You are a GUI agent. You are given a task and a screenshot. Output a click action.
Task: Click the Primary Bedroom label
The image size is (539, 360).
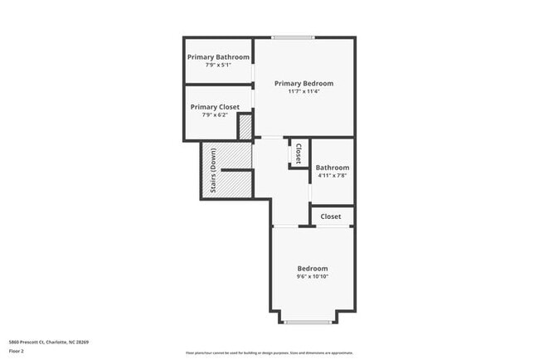point(303,83)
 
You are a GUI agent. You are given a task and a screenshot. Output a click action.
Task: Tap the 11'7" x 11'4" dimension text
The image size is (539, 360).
point(303,91)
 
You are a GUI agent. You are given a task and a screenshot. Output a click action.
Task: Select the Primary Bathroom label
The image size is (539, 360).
point(218,56)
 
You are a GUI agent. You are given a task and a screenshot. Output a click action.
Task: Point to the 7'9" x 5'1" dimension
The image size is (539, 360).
point(218,65)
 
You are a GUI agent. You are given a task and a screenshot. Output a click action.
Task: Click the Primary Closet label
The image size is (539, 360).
point(215,107)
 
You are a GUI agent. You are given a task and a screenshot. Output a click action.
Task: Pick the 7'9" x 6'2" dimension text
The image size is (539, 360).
point(215,115)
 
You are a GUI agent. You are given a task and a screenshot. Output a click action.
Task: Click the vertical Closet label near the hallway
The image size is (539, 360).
point(298,154)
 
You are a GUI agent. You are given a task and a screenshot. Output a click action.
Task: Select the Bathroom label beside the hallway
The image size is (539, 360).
point(332,168)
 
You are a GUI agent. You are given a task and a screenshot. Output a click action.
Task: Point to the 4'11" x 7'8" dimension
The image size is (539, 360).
point(332,176)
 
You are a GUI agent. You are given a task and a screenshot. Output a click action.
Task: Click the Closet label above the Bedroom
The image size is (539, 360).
point(331,216)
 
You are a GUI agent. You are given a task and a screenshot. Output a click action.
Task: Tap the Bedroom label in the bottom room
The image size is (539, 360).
point(313,268)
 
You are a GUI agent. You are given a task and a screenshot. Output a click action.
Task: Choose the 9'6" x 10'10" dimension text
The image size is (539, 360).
point(313,276)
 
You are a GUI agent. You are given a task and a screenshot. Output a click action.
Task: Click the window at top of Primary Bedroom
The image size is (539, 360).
point(293,37)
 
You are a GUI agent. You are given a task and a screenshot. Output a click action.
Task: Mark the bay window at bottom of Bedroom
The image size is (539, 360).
point(308,321)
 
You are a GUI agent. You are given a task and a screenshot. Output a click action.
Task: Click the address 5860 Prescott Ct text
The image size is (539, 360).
point(48,342)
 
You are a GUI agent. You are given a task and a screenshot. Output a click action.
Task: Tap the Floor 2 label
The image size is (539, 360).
point(17,351)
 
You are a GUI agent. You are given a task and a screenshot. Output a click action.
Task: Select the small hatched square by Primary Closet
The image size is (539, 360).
point(245,127)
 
